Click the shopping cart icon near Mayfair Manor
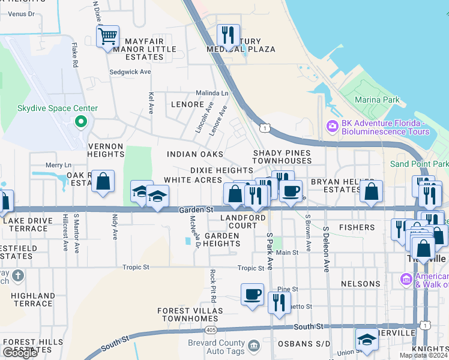tap(107, 37)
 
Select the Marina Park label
tap(376, 100)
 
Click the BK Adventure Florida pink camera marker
tap(331, 127)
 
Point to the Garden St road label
tap(196, 210)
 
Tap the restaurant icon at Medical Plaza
tap(228, 36)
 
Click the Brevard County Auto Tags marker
tap(253, 346)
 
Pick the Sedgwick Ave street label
tap(130, 72)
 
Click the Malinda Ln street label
tap(212, 94)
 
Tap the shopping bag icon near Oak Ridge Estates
tap(103, 182)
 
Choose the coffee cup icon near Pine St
tap(252, 295)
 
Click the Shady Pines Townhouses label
tap(282, 157)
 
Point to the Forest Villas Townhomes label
tap(190, 314)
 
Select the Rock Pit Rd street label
tap(213, 285)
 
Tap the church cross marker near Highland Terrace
tap(18, 276)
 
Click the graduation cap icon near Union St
tap(367, 340)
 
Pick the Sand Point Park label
tap(418, 164)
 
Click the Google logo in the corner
tap(20, 353)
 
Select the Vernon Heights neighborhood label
tap(106, 150)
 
